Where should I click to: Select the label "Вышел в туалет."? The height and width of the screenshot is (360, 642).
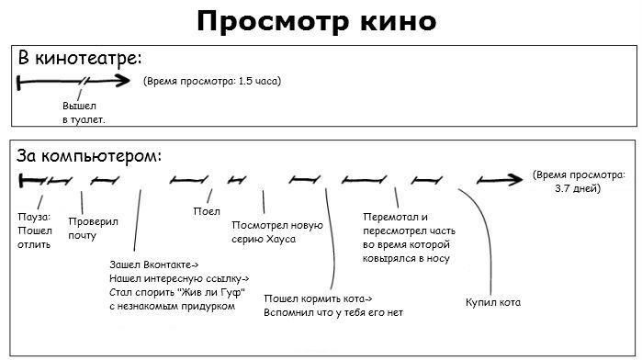84,113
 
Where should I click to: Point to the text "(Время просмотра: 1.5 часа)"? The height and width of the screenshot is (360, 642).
212,81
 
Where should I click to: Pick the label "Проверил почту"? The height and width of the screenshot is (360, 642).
88,229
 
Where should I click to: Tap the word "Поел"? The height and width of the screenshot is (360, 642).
207,210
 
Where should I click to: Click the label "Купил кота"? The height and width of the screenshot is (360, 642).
493,301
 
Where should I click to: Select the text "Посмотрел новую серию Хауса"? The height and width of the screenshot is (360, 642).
276,232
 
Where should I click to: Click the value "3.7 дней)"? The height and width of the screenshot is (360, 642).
578,188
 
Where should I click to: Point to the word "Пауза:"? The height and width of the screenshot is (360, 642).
35,217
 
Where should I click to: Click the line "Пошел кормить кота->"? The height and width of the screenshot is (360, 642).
318,298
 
